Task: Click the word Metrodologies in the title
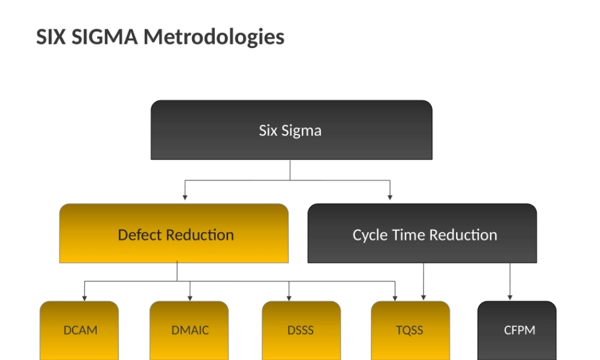click(x=214, y=37)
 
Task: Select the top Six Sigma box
click(x=291, y=130)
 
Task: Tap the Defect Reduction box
click(x=174, y=234)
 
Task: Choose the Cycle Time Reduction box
click(x=422, y=234)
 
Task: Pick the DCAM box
click(x=79, y=331)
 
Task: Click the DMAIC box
click(x=189, y=331)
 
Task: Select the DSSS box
click(x=301, y=331)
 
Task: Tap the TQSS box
click(x=410, y=331)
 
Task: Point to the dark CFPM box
click(x=517, y=331)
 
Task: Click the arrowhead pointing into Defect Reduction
click(x=185, y=196)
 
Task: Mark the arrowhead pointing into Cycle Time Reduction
click(x=391, y=196)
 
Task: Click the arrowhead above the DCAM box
click(x=85, y=297)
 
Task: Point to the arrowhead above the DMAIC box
click(x=190, y=297)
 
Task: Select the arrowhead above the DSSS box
click(x=289, y=297)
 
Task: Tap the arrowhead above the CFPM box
click(x=511, y=296)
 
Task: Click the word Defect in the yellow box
click(x=140, y=235)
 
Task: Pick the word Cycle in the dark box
click(x=370, y=235)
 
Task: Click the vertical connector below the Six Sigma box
click(x=290, y=170)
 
